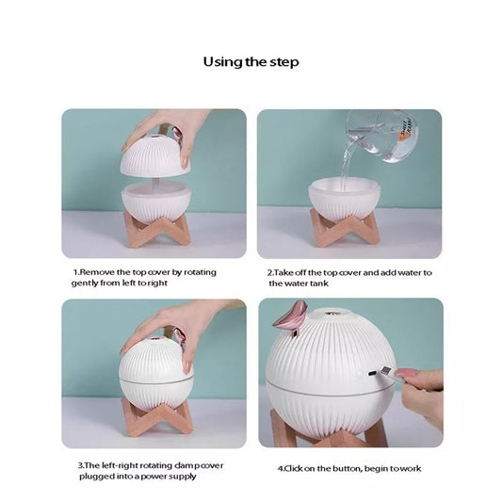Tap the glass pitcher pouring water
382,135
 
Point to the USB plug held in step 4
387,372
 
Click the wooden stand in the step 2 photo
345,227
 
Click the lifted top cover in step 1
155,155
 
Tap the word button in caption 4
347,469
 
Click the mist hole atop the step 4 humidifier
330,312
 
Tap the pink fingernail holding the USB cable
406,373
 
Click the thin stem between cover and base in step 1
154,182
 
